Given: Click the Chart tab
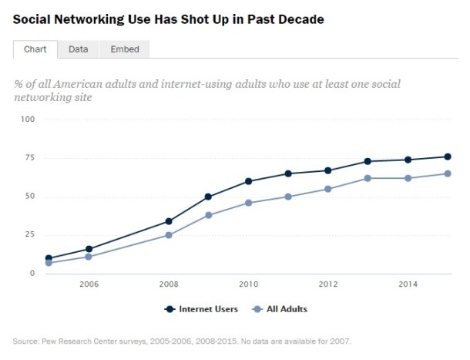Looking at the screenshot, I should (x=35, y=49).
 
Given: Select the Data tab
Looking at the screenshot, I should (x=78, y=49).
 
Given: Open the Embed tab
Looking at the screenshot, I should (x=123, y=49).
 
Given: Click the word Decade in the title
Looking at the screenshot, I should (x=297, y=19).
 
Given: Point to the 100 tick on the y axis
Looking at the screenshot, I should (x=29, y=119).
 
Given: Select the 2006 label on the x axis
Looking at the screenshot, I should (x=89, y=284).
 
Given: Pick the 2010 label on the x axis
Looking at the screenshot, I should (x=248, y=284).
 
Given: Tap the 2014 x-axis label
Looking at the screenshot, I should (x=408, y=284).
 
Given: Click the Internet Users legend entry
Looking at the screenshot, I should (x=201, y=309).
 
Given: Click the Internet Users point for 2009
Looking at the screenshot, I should (x=208, y=197).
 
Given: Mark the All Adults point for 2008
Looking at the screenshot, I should (x=169, y=235).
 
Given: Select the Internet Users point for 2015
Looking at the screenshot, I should (x=448, y=156).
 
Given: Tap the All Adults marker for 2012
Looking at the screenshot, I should (x=328, y=189).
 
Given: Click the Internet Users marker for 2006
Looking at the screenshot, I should (x=89, y=249).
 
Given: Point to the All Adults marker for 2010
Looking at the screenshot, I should (x=248, y=203).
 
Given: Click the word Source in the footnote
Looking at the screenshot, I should (x=25, y=340).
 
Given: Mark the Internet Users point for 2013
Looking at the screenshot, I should (x=368, y=161).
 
